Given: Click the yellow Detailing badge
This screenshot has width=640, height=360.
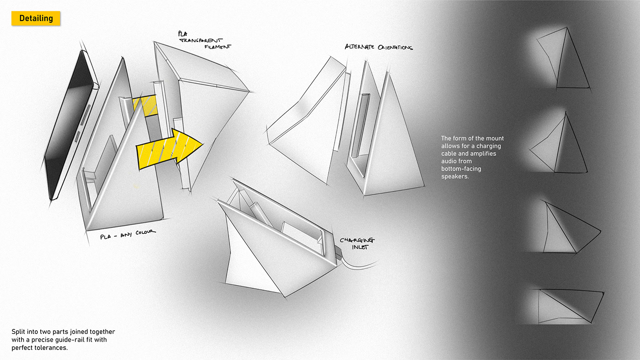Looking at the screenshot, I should (36, 18).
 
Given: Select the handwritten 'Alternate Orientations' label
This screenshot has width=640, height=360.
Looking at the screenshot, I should (379, 47).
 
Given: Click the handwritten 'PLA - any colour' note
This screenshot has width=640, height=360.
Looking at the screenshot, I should (128, 234).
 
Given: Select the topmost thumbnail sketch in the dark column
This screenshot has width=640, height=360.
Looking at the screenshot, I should (562, 59).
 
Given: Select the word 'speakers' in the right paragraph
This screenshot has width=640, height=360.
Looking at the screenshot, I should (455, 177).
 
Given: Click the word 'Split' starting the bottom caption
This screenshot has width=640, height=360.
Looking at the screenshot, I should (19, 332).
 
